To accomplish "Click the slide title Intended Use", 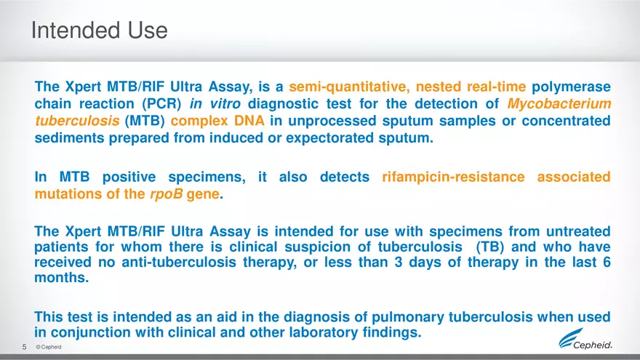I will [x=99, y=31].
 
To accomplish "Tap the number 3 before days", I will [x=399, y=263].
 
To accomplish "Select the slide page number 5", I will [x=24, y=347].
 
